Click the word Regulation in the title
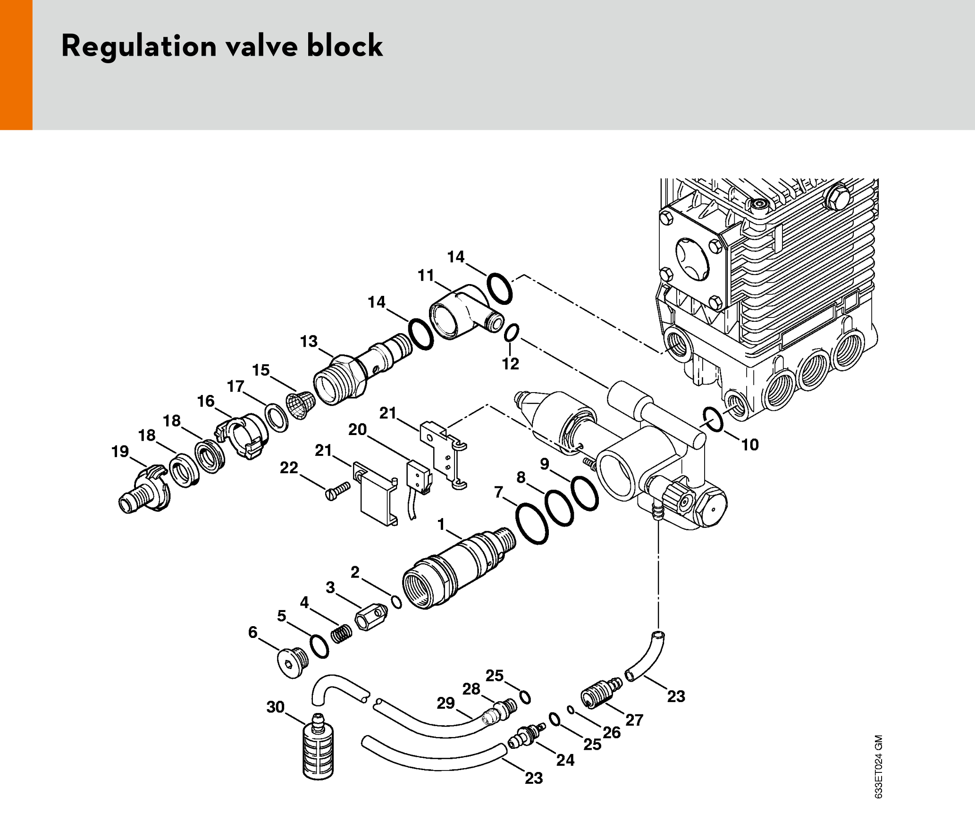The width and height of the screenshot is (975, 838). [x=139, y=46]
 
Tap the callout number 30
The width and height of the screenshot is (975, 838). [x=276, y=707]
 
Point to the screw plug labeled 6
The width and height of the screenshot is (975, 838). [x=293, y=663]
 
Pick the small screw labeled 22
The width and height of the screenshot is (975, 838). [x=338, y=491]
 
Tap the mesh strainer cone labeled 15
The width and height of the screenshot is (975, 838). [x=301, y=405]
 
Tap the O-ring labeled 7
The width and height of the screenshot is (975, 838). [x=532, y=524]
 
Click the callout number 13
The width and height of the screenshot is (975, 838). [x=309, y=341]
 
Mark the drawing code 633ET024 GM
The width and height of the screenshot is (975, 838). [x=878, y=766]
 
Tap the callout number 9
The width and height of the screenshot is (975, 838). [x=545, y=464]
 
